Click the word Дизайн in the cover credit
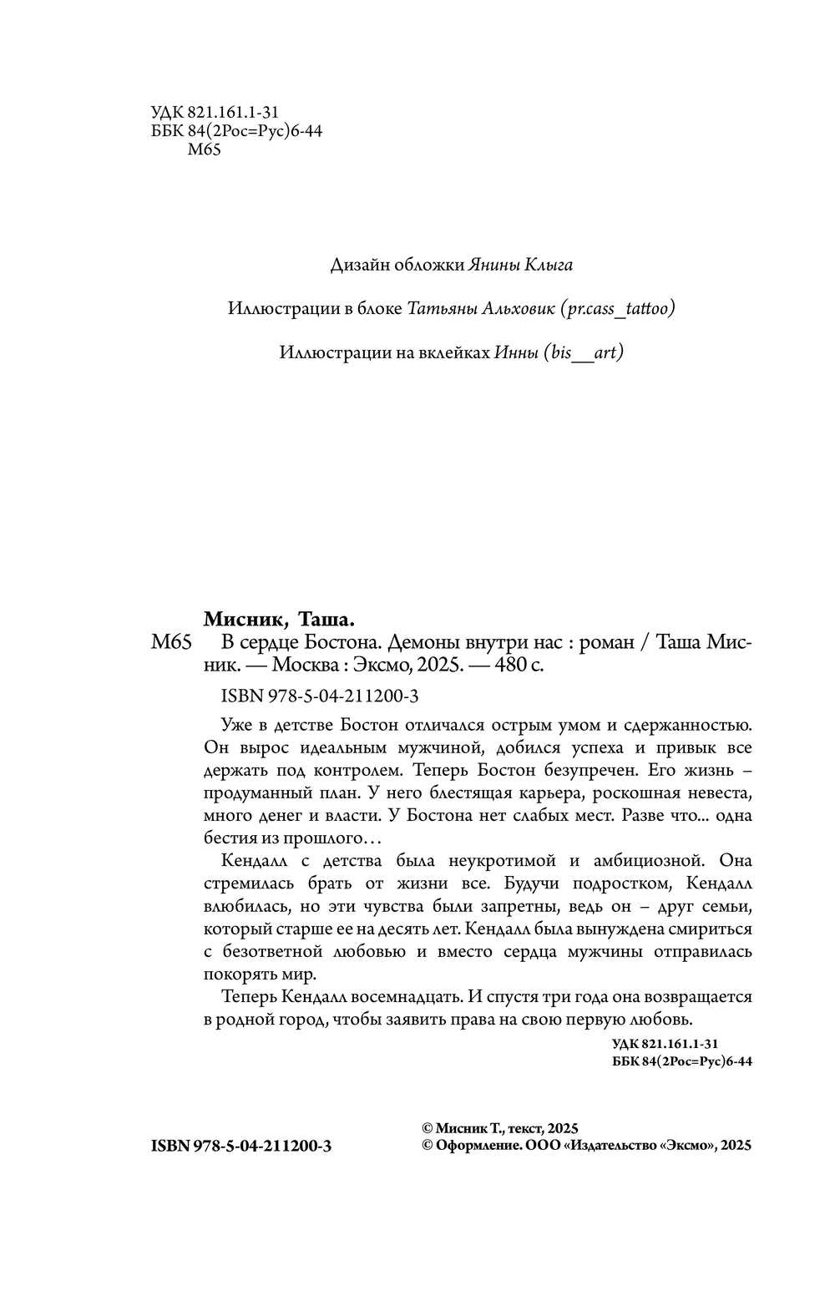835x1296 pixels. click(x=359, y=266)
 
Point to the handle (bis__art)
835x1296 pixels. click(x=583, y=352)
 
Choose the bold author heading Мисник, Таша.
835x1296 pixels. click(x=280, y=620)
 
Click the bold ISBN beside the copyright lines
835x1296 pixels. click(x=241, y=1147)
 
